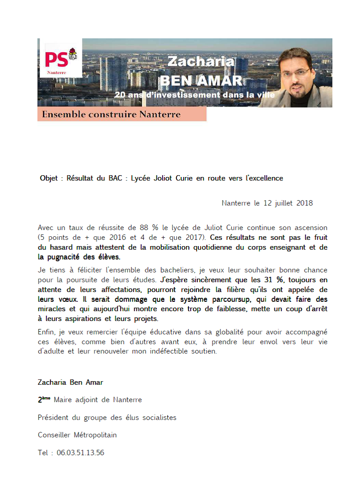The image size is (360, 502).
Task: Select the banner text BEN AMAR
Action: tap(201, 81)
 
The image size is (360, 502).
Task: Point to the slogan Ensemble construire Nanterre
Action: tap(111, 115)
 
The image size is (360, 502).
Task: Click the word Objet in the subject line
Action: tap(49, 178)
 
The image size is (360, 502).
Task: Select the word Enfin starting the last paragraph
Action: tap(46, 332)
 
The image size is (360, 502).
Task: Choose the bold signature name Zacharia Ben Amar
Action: tap(70, 382)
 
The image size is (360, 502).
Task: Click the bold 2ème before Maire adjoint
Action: tap(44, 400)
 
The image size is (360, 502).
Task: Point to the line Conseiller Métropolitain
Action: tap(77, 435)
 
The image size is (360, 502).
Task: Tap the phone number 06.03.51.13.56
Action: tap(80, 453)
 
